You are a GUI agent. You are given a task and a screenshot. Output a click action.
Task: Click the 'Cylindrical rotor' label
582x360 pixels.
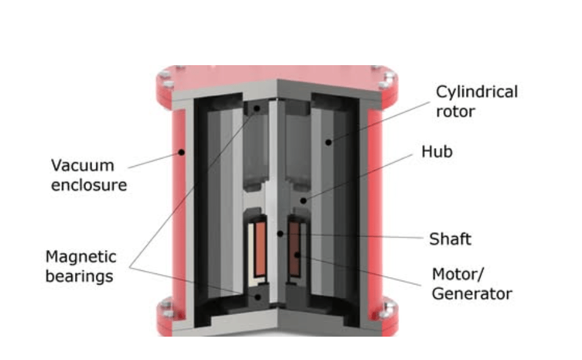(476, 101)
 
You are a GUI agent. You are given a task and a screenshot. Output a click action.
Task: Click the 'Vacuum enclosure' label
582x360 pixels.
(88, 175)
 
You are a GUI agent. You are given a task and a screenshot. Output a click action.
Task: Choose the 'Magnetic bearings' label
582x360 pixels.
(80, 266)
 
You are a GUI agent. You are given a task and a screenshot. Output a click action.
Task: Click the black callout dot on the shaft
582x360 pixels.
(280, 233)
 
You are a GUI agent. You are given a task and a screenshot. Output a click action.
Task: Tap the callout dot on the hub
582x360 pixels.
(301, 200)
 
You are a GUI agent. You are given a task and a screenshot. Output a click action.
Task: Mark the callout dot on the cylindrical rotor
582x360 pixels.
(329, 142)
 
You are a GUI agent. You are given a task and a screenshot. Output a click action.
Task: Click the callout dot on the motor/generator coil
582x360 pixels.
(297, 253)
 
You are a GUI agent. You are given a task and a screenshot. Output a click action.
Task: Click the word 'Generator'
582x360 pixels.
(471, 294)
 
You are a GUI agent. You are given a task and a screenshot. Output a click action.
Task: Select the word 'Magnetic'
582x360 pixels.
(80, 256)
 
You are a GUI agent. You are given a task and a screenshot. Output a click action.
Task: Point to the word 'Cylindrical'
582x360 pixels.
(476, 92)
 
